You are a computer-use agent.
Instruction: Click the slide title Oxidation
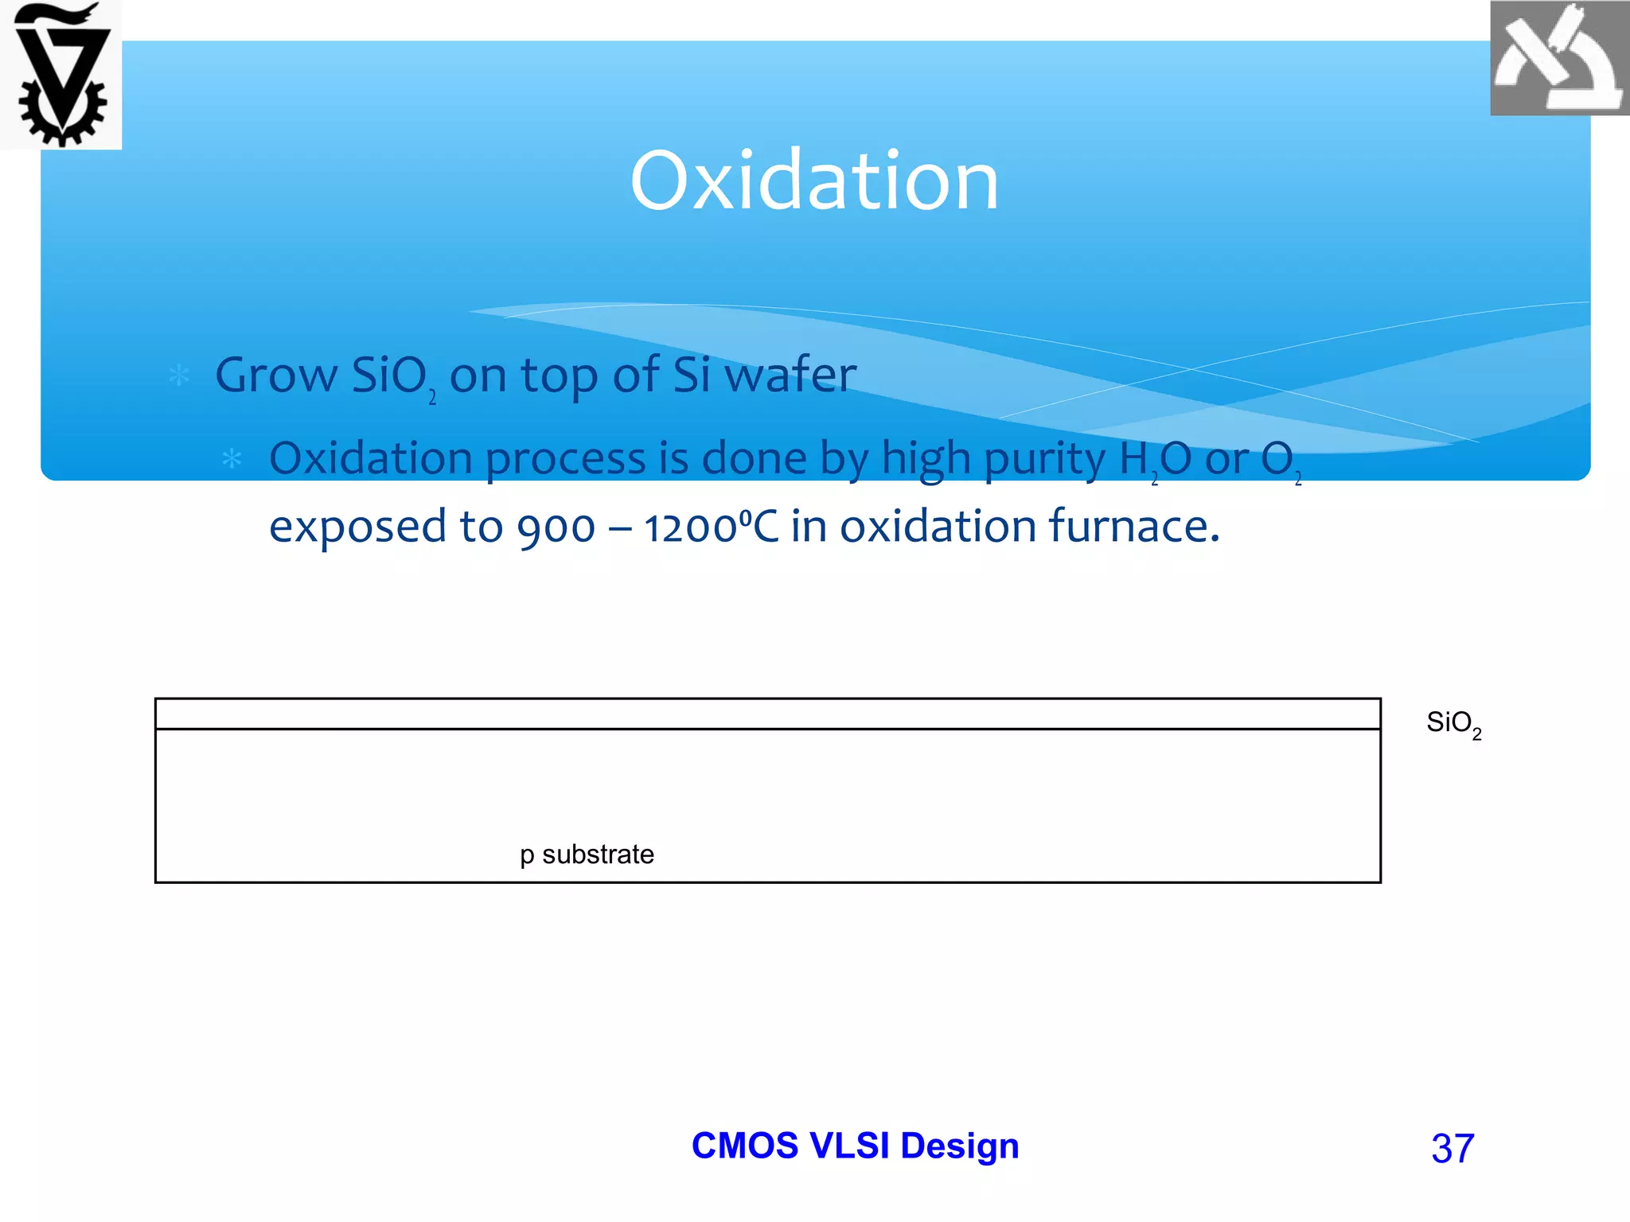pyautogui.click(x=814, y=181)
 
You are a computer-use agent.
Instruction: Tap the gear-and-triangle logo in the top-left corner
pyautogui.click(x=62, y=76)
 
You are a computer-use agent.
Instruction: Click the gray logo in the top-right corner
pyautogui.click(x=1558, y=58)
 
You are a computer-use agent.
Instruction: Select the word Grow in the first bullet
pyautogui.click(x=276, y=376)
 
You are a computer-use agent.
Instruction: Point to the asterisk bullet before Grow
pyautogui.click(x=179, y=376)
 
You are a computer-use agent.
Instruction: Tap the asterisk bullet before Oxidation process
pyautogui.click(x=232, y=459)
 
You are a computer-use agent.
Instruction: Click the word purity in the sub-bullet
pyautogui.click(x=1044, y=459)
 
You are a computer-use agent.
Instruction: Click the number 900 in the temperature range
pyautogui.click(x=556, y=527)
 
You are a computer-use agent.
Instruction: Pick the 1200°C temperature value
pyautogui.click(x=711, y=527)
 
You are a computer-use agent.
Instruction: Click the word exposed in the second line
pyautogui.click(x=357, y=527)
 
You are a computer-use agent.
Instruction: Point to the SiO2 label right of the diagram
pyautogui.click(x=1453, y=723)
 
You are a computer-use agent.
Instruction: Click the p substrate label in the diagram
pyautogui.click(x=587, y=854)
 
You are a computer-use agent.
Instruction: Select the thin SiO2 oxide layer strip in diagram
pyautogui.click(x=767, y=714)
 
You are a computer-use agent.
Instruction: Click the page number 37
pyautogui.click(x=1453, y=1148)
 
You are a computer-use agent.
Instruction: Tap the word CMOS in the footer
pyautogui.click(x=744, y=1146)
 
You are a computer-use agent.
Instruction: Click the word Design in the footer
pyautogui.click(x=959, y=1146)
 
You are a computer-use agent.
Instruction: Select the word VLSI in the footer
pyautogui.click(x=849, y=1146)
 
